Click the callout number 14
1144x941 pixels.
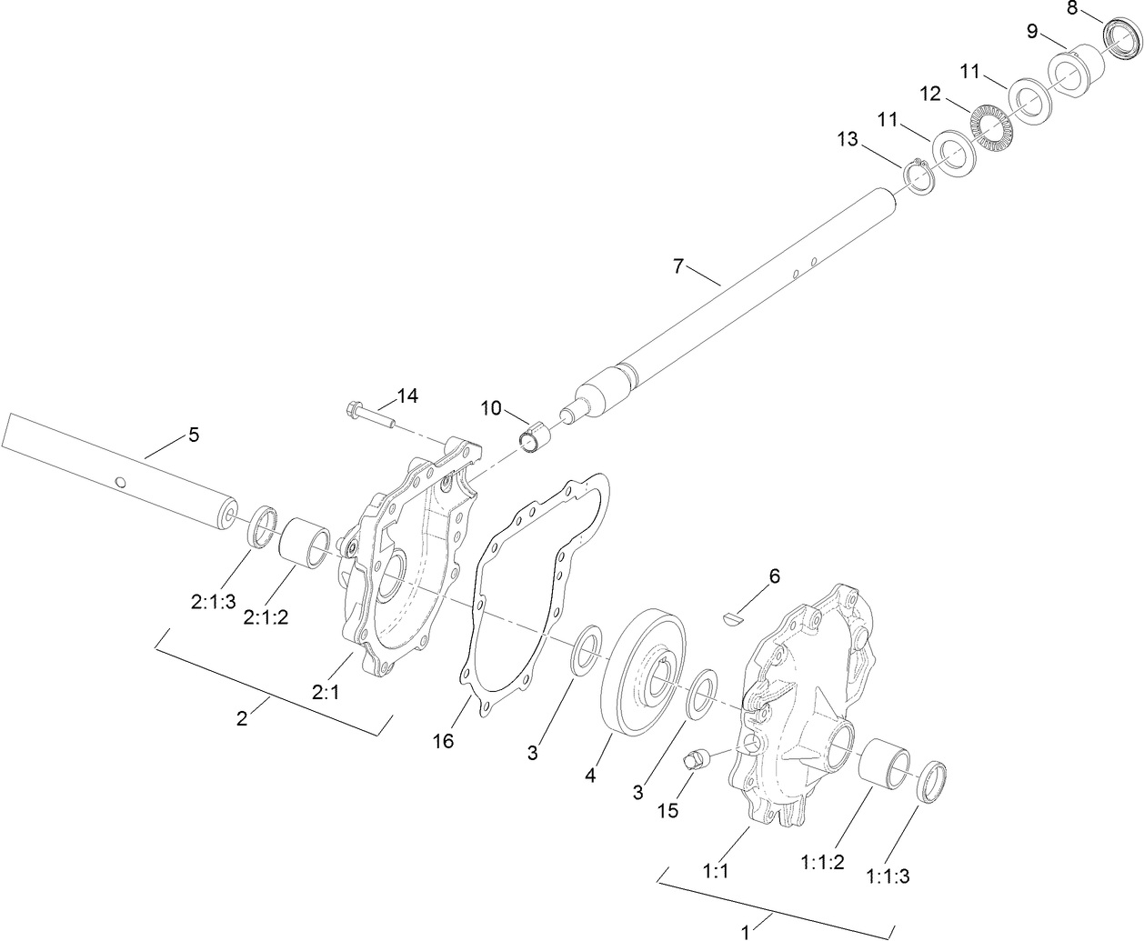pyautogui.click(x=406, y=395)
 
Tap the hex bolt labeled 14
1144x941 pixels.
pyautogui.click(x=367, y=415)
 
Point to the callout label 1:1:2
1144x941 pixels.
pyautogui.click(x=823, y=861)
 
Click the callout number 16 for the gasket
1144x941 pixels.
pyautogui.click(x=443, y=742)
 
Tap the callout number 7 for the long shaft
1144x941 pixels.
pyautogui.click(x=677, y=266)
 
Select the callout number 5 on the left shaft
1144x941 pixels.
pyautogui.click(x=193, y=435)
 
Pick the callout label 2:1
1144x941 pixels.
pyautogui.click(x=326, y=692)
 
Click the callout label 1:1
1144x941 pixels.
pyautogui.click(x=716, y=870)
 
